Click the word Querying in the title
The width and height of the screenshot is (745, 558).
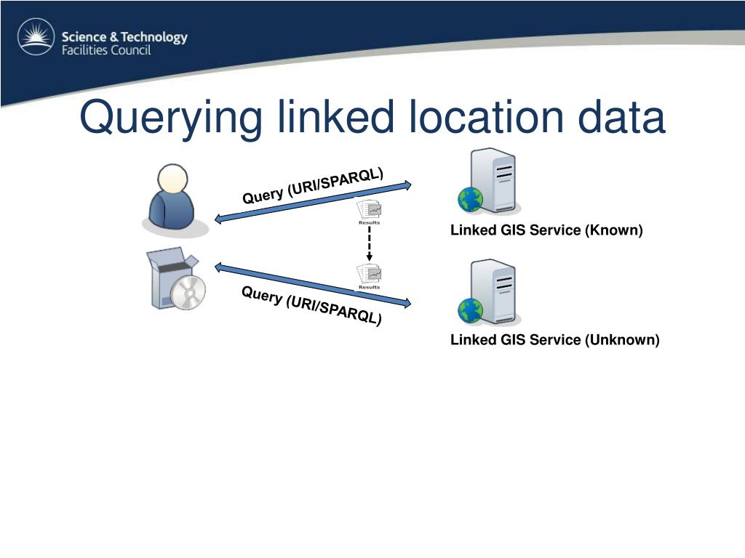170,118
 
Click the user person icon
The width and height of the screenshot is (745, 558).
173,201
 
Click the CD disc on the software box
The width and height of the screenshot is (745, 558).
188,292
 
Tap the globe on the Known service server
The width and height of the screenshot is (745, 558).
470,199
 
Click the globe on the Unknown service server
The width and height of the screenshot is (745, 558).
470,310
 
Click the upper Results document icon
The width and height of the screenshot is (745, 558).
369,211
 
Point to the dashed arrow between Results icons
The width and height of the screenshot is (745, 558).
369,244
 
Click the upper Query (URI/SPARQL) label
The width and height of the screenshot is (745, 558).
313,185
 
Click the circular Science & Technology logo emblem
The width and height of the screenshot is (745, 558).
36,37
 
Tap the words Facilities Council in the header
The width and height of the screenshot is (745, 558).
105,51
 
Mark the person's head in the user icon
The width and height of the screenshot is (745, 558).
173,179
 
